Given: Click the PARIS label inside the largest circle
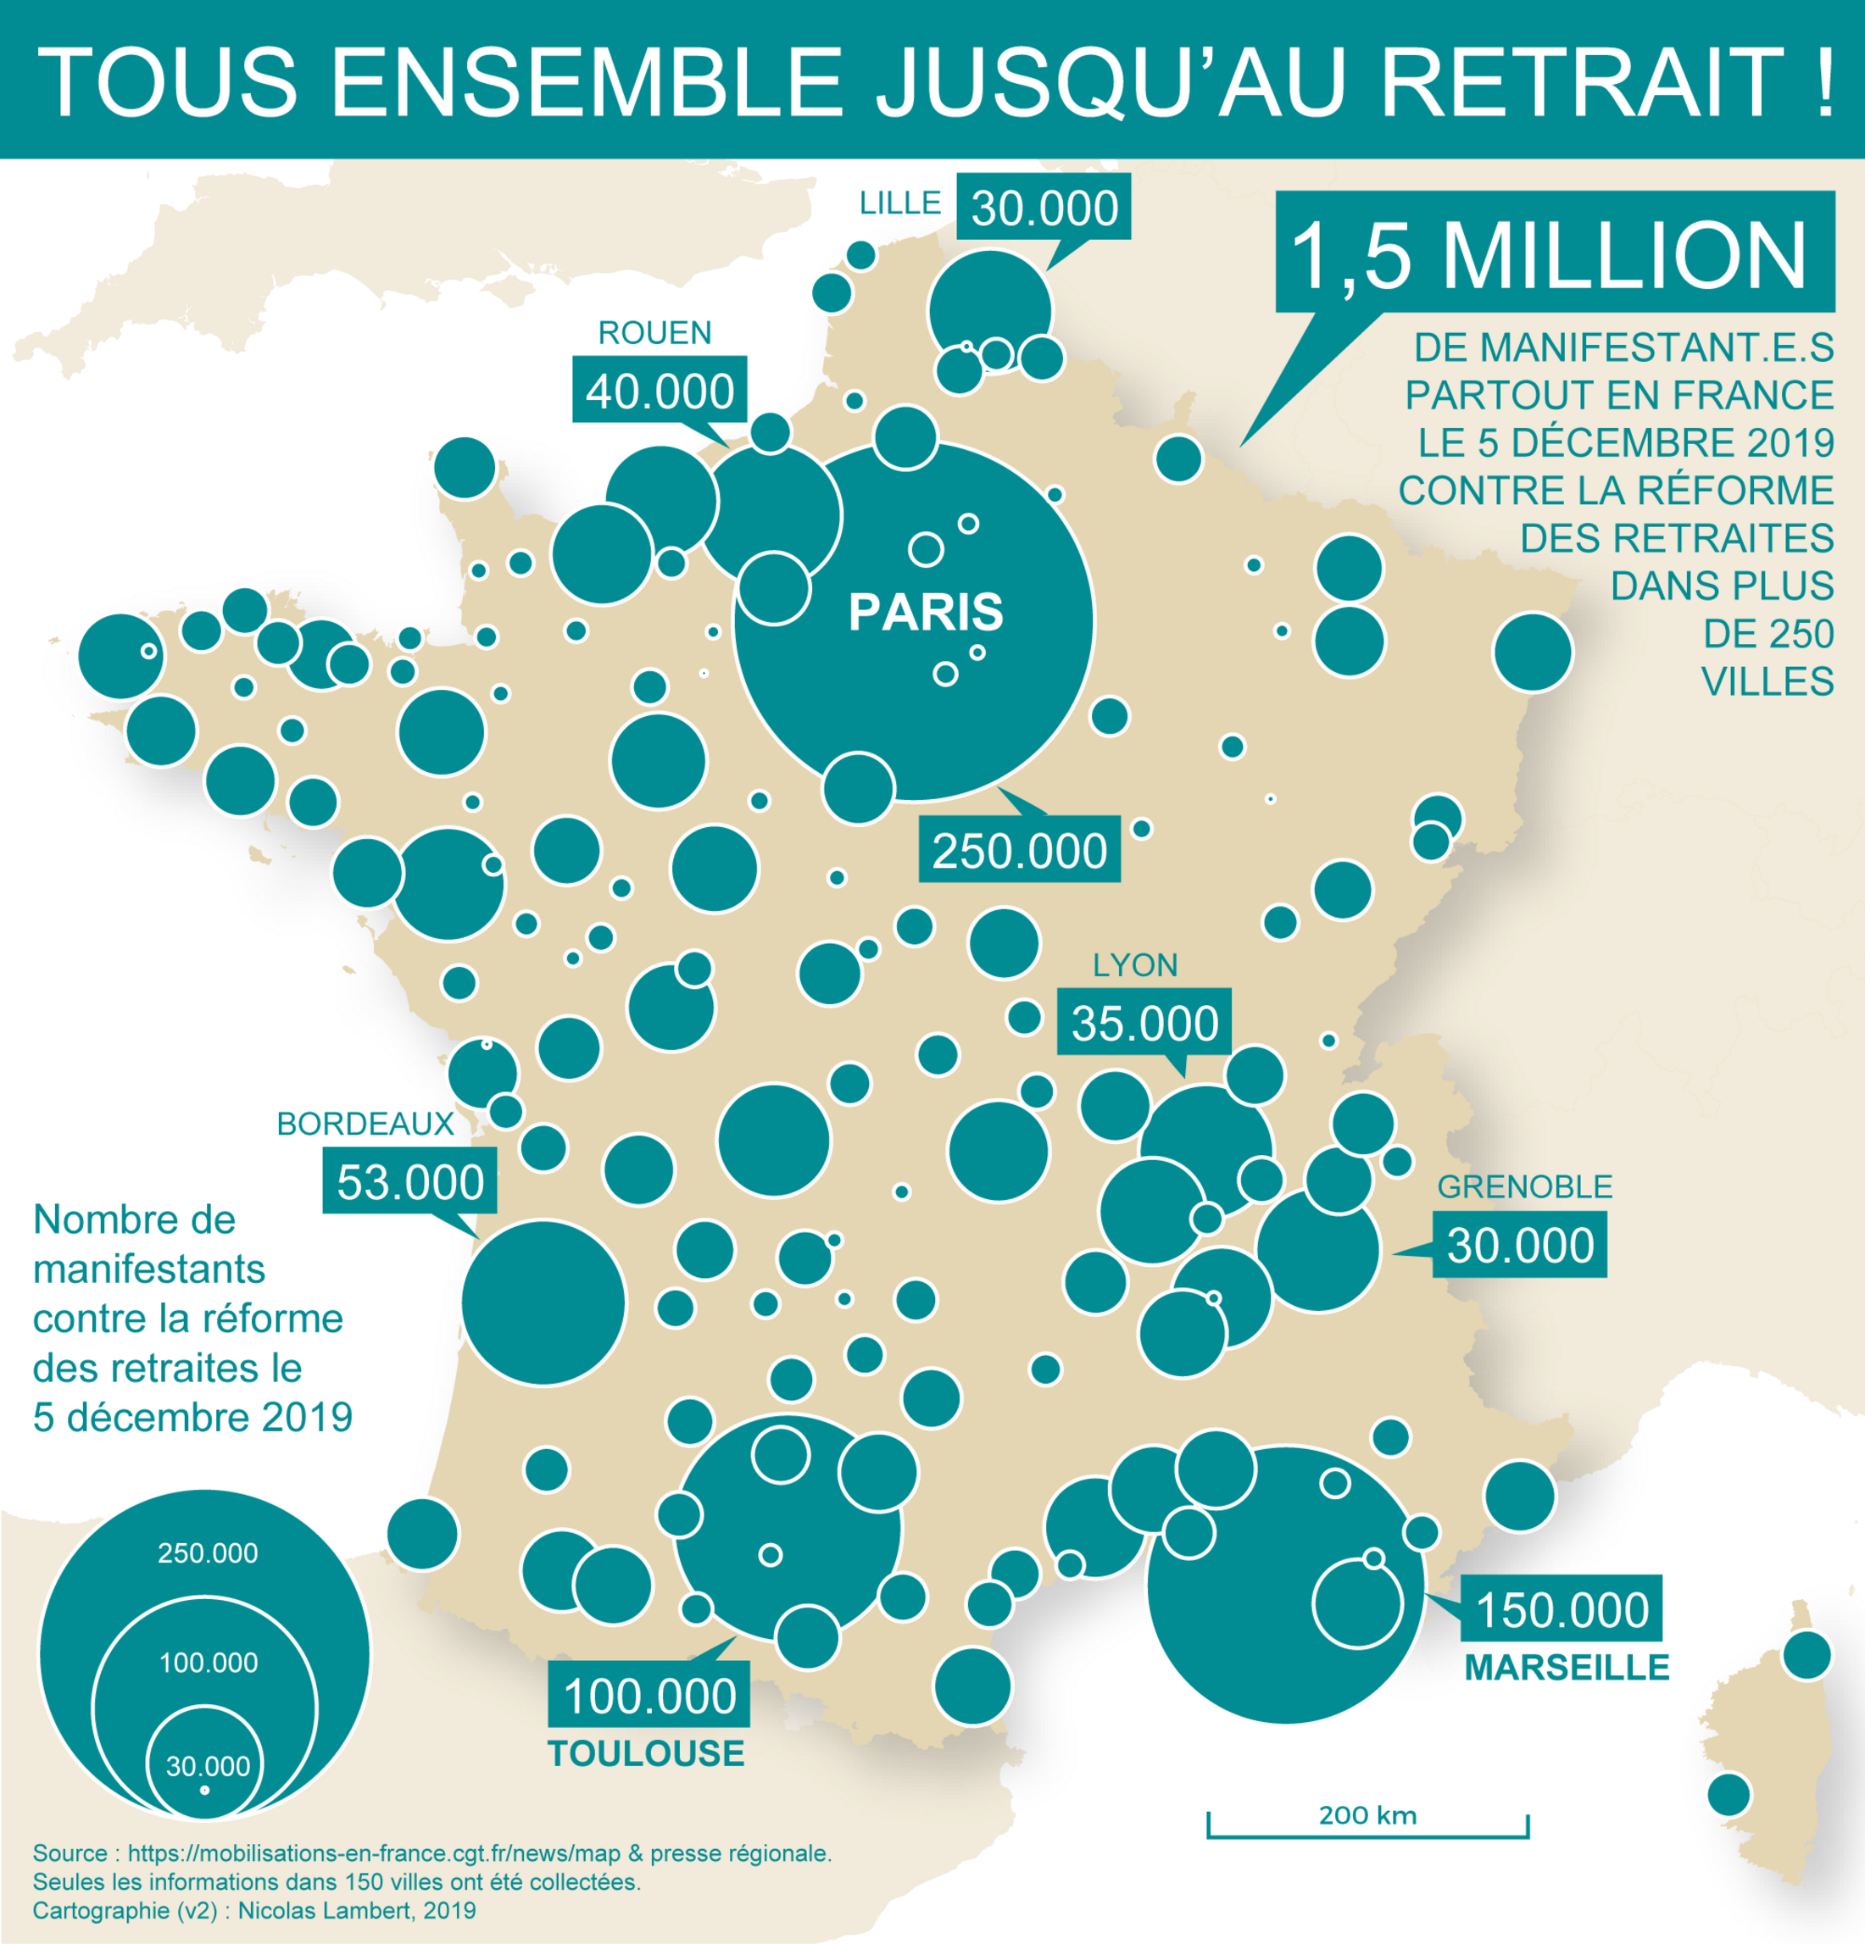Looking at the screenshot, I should (x=926, y=612).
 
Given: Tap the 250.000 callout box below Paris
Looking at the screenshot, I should (x=1019, y=850).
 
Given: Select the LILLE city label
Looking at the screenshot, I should (x=899, y=203).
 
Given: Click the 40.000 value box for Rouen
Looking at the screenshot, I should (x=660, y=391).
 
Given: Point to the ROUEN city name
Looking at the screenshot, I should (x=654, y=332).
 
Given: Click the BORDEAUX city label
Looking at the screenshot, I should (x=365, y=1124).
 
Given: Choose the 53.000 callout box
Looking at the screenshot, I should (x=409, y=1181).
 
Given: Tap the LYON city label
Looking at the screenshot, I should (x=1135, y=965).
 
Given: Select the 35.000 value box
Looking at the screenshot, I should (x=1144, y=1023).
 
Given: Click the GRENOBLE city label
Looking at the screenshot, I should (x=1525, y=1187).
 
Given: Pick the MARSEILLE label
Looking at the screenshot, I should (x=1567, y=1667).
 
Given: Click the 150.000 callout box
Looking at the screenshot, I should (x=1562, y=1608).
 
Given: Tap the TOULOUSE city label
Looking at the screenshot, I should (x=646, y=1753).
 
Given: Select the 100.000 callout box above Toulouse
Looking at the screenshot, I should (x=649, y=1695).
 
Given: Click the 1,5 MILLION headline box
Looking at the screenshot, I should (x=1554, y=254).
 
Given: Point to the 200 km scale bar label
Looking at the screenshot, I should (x=1367, y=1815).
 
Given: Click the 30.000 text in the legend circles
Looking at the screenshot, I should (x=208, y=1766).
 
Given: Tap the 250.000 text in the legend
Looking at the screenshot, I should (x=208, y=1553).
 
